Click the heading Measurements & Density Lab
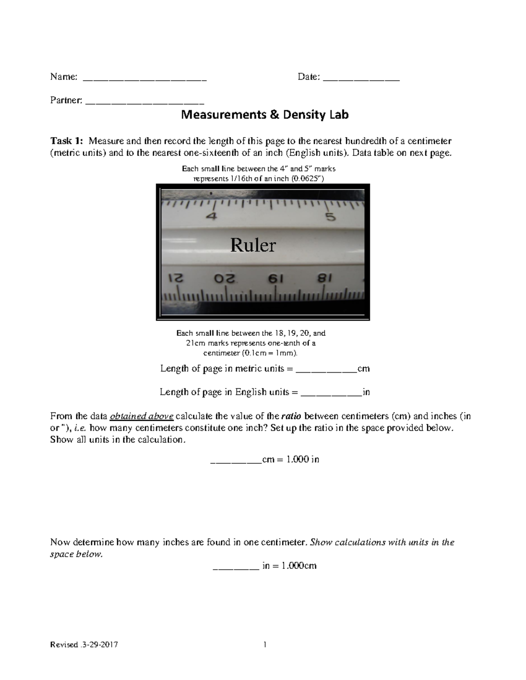tap(265, 115)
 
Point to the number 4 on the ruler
tap(212, 217)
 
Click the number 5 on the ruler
tap(330, 217)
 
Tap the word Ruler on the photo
tap(253, 245)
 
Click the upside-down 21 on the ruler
tap(175, 279)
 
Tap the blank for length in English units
tap(332, 393)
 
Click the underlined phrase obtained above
tap(142, 416)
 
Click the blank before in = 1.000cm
tap(236, 567)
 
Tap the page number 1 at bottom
tap(265, 645)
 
